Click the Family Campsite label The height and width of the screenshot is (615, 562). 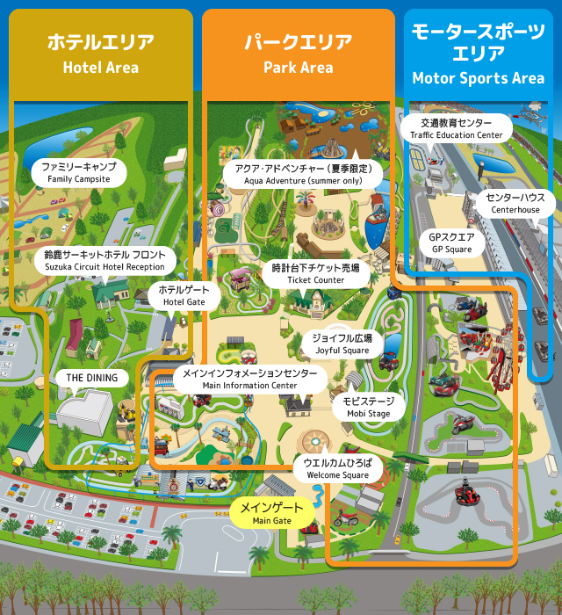[79, 171]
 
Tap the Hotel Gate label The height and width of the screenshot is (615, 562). [184, 295]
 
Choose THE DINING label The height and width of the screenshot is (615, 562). [92, 378]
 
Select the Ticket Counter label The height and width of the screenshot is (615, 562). [316, 273]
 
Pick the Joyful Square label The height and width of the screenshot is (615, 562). [342, 344]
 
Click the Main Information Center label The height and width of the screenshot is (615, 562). [249, 379]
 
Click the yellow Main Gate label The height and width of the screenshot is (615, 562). [272, 513]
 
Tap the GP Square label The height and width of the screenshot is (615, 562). [451, 242]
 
